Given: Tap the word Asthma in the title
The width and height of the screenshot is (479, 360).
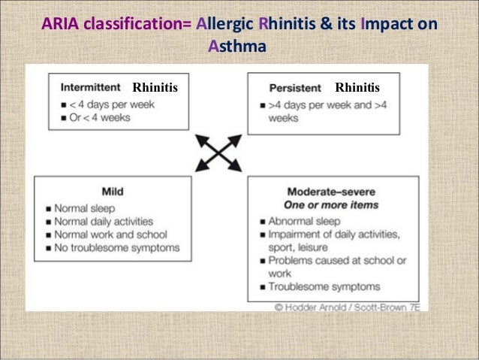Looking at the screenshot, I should coord(236,47).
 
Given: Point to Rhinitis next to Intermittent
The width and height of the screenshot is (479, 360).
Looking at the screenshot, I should coord(155,88).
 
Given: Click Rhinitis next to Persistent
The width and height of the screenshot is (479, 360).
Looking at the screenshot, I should coord(357,88).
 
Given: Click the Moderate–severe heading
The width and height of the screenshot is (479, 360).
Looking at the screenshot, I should coord(333,192).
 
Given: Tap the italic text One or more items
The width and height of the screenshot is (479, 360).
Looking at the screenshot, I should coord(333,205).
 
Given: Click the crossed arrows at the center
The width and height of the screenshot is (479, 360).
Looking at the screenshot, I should coord(218,153).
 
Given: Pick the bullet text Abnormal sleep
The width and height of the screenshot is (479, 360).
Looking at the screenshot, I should coord(304,221).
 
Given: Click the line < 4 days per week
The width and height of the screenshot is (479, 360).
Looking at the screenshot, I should coord(110,104).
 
